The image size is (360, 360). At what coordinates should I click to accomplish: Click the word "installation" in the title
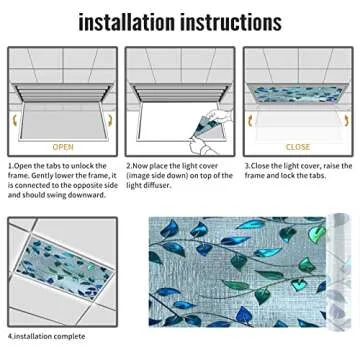(x=127, y=22)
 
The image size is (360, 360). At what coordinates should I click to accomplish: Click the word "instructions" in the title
(x=231, y=22)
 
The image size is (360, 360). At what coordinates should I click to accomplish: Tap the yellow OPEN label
(x=63, y=147)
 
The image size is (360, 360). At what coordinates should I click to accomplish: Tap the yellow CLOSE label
(x=298, y=147)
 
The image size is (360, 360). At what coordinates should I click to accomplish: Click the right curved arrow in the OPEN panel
(x=111, y=120)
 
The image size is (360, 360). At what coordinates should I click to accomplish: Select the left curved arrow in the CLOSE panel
(x=251, y=120)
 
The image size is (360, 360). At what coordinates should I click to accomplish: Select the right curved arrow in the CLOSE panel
(x=347, y=120)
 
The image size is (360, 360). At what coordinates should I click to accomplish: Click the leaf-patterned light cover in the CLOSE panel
(x=297, y=95)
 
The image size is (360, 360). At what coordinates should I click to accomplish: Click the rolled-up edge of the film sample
(x=338, y=271)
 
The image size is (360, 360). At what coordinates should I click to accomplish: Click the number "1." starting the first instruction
(x=11, y=166)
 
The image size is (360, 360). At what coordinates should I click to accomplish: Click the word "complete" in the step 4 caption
(x=69, y=336)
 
